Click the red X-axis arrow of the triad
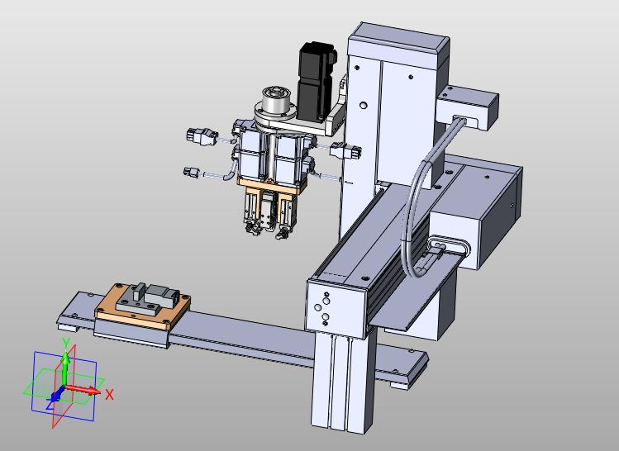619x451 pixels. (x=82, y=389)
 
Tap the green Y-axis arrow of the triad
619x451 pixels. (x=65, y=368)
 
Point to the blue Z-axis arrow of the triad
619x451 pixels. (x=56, y=395)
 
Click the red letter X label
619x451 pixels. (x=110, y=394)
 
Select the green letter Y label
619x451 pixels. (x=66, y=342)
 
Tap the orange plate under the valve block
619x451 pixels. (x=272, y=186)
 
